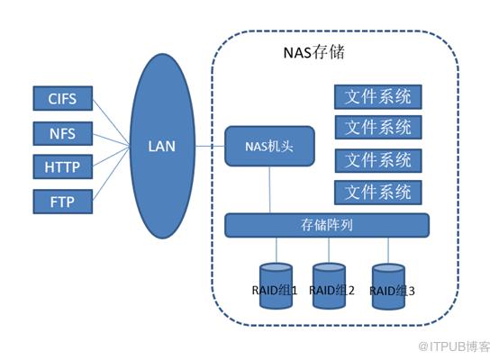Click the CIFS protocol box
pyautogui.click(x=63, y=98)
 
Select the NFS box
pyautogui.click(x=63, y=133)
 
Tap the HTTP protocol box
pyautogui.click(x=63, y=166)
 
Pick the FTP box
pyautogui.click(x=63, y=202)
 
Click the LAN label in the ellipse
pyautogui.click(x=162, y=147)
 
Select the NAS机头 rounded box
pyautogui.click(x=269, y=147)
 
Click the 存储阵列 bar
pyautogui.click(x=327, y=225)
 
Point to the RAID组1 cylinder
pyautogui.click(x=276, y=285)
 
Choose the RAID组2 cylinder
pyautogui.click(x=329, y=285)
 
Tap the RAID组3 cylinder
pyautogui.click(x=388, y=286)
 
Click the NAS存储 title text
pyautogui.click(x=313, y=52)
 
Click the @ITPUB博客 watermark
pyautogui.click(x=455, y=346)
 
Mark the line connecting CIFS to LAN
pyautogui.click(x=111, y=122)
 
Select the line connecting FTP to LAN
pyautogui.click(x=111, y=174)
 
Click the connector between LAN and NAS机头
pyautogui.click(x=210, y=147)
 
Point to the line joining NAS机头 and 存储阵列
pyautogui.click(x=270, y=190)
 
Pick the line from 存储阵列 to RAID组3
pyautogui.click(x=388, y=250)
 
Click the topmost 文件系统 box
pyautogui.click(x=378, y=96)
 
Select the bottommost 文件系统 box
pyautogui.click(x=378, y=193)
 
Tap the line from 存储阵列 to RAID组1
pyautogui.click(x=277, y=250)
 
